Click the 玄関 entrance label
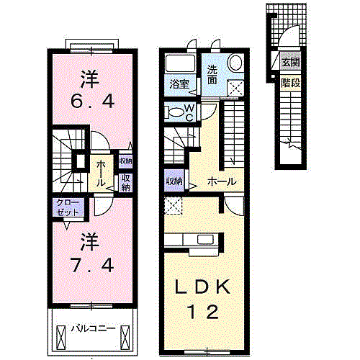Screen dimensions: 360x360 point(291,63)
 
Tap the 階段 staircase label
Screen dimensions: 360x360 point(291,84)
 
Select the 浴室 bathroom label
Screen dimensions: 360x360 point(179,84)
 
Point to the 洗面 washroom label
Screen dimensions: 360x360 point(212,75)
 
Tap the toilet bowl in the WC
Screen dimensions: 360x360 point(176,112)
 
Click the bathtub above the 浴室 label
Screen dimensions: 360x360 point(180,63)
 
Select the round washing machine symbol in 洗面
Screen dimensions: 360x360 point(235,62)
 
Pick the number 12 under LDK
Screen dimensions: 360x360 point(204,312)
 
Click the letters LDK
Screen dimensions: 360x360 point(203,287)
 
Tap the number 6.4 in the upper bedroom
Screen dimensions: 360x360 point(93,102)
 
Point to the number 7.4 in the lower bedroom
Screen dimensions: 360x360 point(92,265)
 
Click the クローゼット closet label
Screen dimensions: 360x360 point(68,207)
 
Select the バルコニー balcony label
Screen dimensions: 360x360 point(94,328)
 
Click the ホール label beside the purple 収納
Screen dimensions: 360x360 point(222,181)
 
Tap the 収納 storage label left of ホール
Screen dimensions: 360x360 point(174,181)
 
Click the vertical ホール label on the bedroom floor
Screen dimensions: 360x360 point(101,174)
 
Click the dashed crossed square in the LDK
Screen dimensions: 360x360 point(173,206)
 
